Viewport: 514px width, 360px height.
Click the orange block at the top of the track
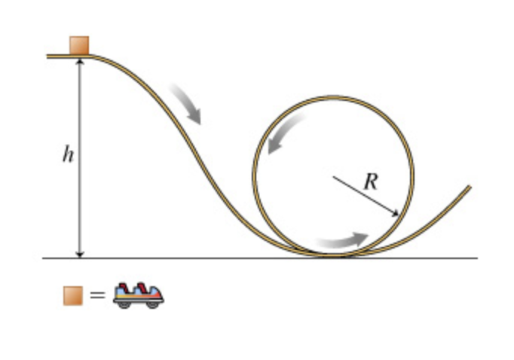[79, 45]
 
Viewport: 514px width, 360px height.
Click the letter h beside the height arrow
[69, 155]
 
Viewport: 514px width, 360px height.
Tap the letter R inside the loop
[370, 181]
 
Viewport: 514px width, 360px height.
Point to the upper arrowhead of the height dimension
[79, 61]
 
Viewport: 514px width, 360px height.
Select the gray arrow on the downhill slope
[186, 103]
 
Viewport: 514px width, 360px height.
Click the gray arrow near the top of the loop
[286, 135]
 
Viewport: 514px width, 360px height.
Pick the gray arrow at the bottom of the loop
[343, 241]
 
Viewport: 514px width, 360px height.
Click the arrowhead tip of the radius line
[399, 216]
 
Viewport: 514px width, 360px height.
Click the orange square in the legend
[72, 295]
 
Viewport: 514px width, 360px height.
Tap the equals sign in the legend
[97, 295]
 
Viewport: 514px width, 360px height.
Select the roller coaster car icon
[138, 295]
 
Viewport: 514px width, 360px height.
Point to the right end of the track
[470, 187]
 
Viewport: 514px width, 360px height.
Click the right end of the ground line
[477, 258]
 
